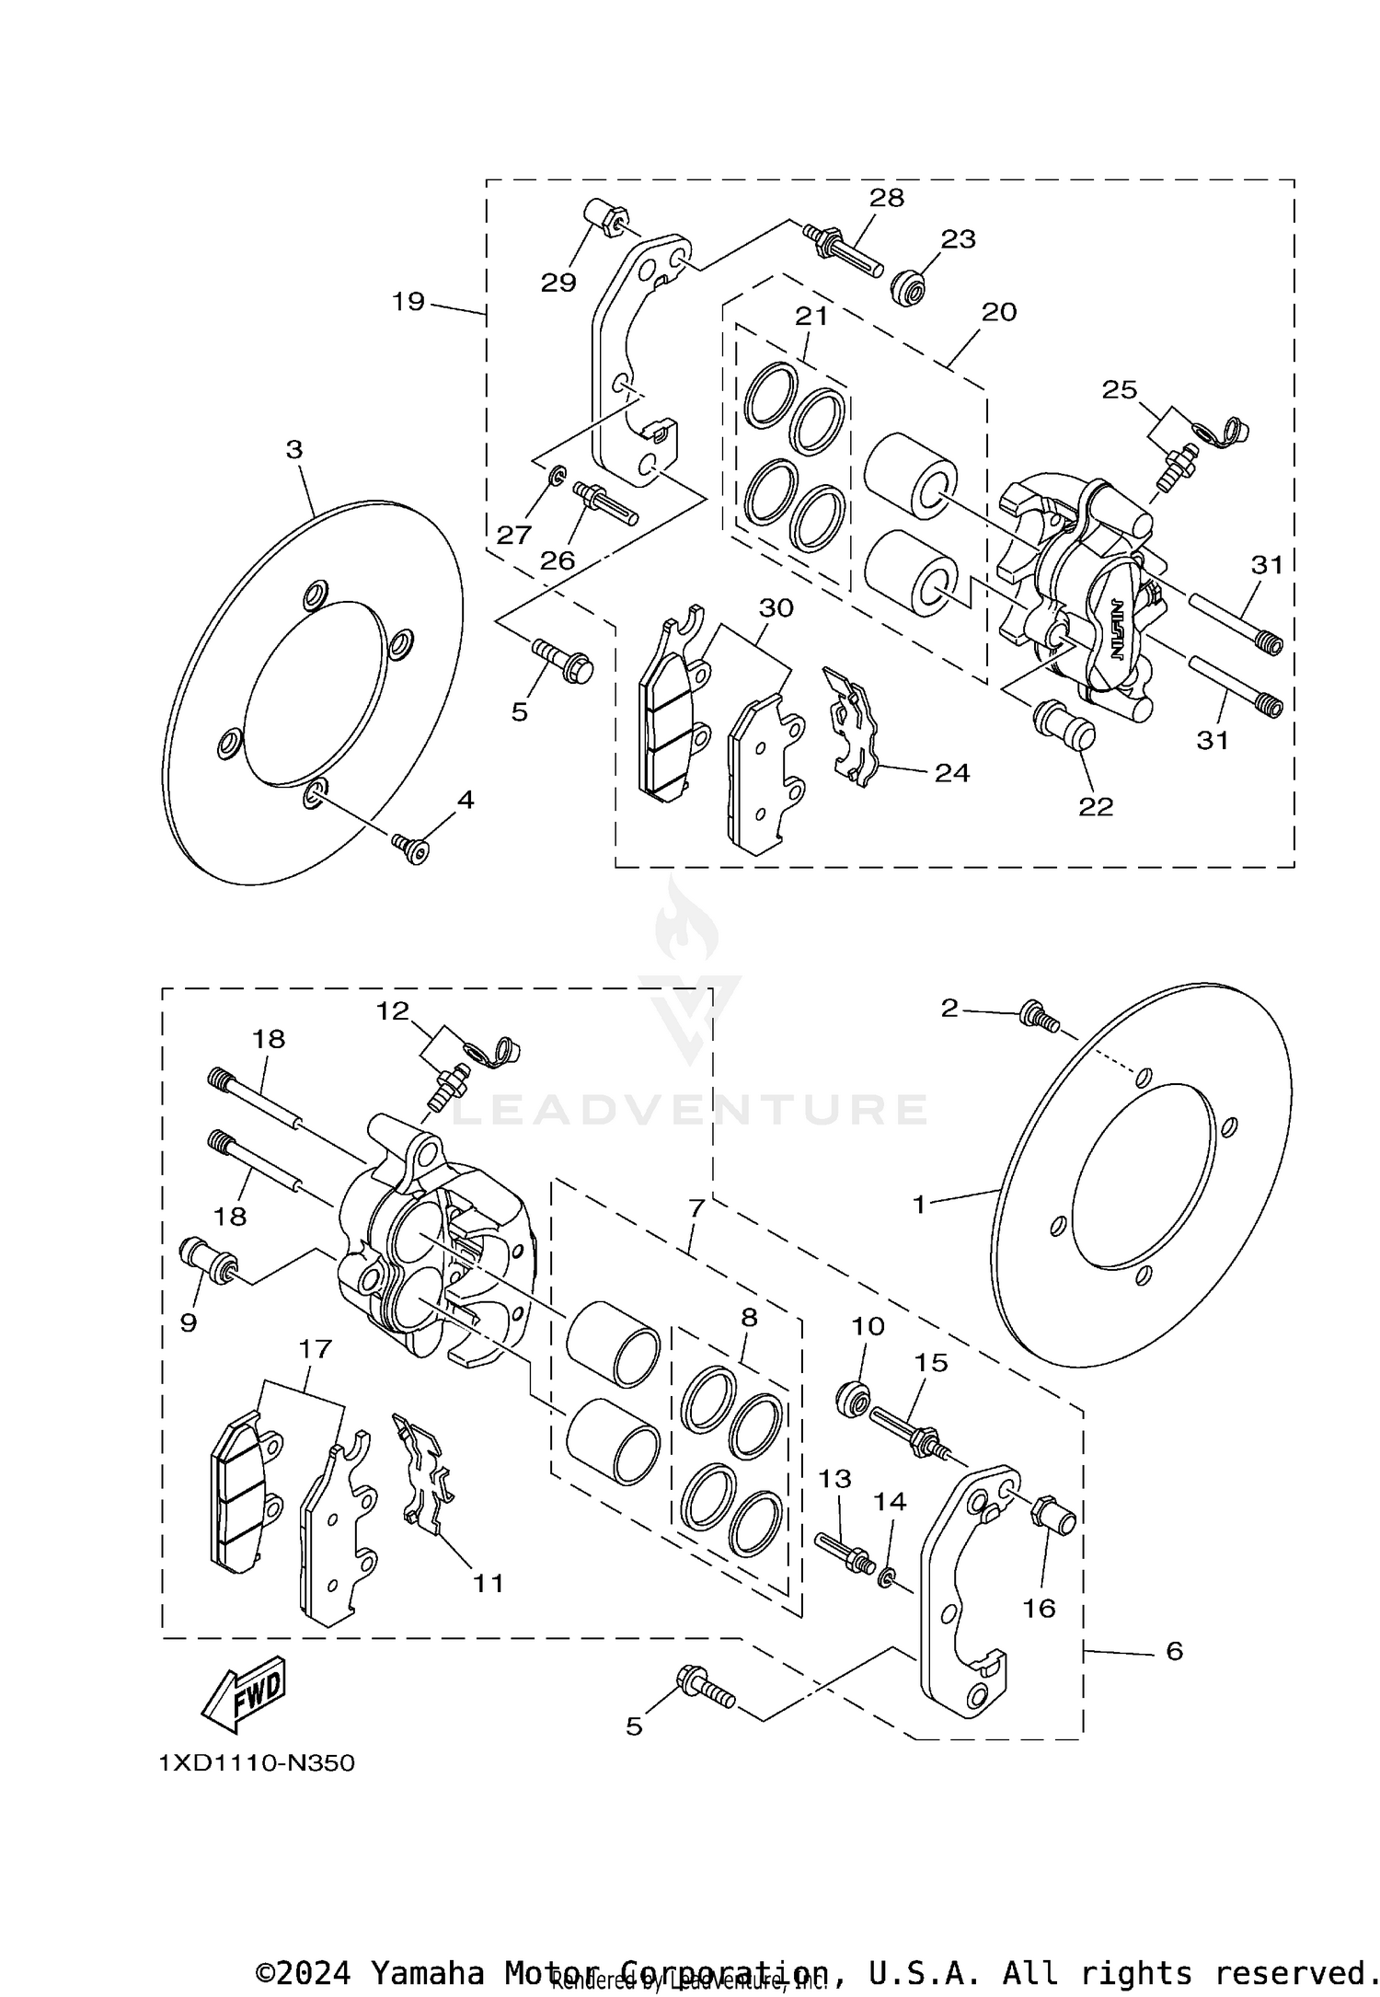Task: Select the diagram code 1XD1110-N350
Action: coord(257,1764)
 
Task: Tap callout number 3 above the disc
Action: coord(293,450)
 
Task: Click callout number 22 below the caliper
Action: coord(1096,806)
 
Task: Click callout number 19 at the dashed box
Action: coord(408,301)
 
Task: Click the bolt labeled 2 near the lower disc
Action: coord(1038,1018)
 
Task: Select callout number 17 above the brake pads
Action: coord(315,1350)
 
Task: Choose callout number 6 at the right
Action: coord(1174,1651)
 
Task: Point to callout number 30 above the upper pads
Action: coord(776,607)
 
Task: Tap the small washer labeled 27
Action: coord(556,478)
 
